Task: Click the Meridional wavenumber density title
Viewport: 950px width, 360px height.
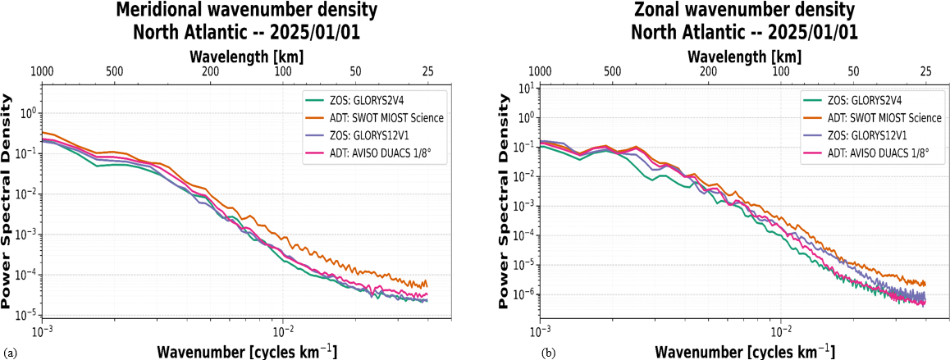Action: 246,11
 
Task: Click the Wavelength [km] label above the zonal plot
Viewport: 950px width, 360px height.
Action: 745,57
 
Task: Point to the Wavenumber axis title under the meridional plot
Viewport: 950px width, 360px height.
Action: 247,352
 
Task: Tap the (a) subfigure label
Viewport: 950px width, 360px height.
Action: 8,352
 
